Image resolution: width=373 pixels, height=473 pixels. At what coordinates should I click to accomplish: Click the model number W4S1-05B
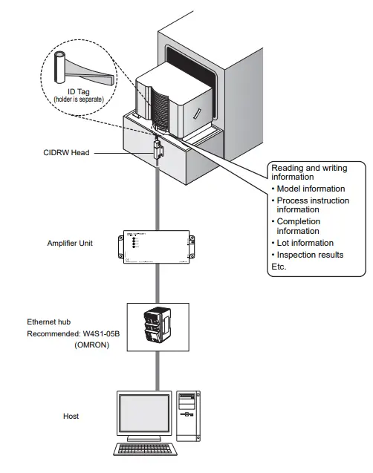103,333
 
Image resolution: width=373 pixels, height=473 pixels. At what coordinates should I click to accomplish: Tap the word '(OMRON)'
92,345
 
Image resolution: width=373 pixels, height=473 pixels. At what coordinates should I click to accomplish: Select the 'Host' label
71,417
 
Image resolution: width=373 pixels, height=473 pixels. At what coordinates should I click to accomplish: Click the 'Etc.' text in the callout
279,267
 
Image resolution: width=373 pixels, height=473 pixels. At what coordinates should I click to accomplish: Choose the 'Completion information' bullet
305,226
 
